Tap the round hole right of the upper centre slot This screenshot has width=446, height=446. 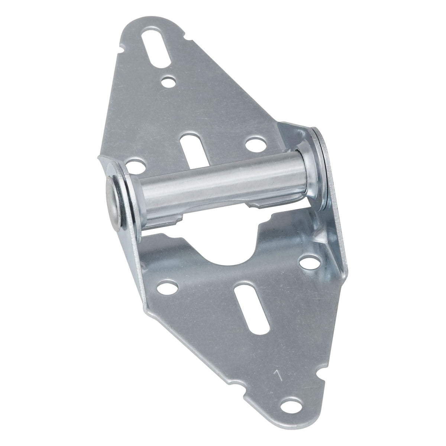(254, 143)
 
